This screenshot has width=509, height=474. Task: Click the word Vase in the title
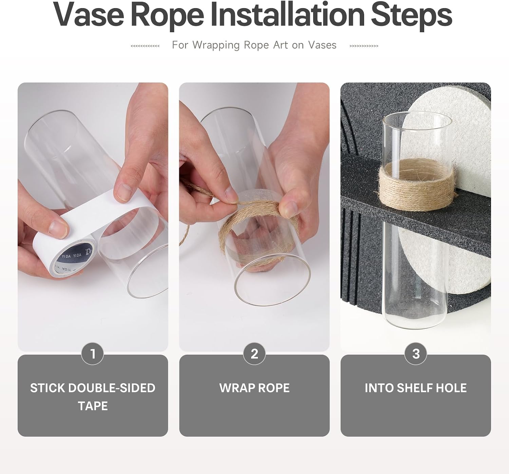88,15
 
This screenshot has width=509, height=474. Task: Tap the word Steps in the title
412,16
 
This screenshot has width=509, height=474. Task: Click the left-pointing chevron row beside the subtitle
145,46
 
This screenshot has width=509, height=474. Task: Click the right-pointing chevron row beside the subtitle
364,46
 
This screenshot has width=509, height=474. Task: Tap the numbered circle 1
93,354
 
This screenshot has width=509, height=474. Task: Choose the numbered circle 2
254,354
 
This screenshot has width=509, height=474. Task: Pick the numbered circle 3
416,354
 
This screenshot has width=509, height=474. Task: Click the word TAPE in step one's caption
93,406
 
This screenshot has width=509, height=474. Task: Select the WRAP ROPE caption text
254,388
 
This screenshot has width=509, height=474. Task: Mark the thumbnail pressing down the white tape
124,192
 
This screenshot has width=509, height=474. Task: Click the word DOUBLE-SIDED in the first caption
112,388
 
